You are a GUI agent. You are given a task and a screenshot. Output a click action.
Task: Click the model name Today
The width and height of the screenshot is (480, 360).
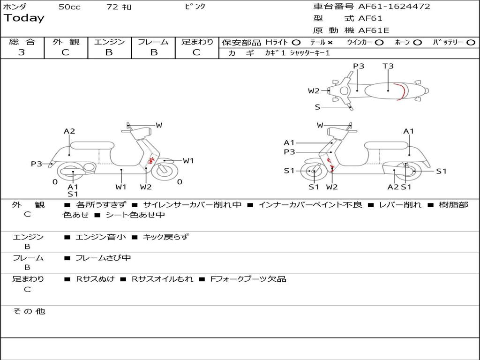[x=24, y=18]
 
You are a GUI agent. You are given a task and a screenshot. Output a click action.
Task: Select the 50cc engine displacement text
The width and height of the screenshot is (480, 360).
[x=69, y=7]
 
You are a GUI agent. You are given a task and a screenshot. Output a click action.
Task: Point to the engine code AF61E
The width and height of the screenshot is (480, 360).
[x=373, y=30]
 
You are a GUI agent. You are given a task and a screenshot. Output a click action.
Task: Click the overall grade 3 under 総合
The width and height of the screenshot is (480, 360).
[x=22, y=52]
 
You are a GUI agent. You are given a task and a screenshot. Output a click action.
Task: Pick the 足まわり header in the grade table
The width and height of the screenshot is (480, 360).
[x=197, y=42]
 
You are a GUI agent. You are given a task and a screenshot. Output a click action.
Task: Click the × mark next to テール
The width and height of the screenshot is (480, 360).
[x=330, y=42]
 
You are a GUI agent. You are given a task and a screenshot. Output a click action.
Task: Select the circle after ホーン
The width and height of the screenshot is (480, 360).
[x=418, y=42]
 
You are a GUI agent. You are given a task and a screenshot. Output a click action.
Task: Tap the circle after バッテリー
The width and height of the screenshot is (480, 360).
[x=471, y=42]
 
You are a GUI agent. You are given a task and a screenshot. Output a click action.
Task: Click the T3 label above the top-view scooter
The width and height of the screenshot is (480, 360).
[x=388, y=66]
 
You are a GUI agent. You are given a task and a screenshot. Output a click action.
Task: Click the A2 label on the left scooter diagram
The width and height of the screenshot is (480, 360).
[x=69, y=131]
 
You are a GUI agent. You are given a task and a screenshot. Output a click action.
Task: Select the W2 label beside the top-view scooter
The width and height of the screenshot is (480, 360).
[x=314, y=91]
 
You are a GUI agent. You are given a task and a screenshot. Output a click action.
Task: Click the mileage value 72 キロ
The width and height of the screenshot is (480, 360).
[x=119, y=7]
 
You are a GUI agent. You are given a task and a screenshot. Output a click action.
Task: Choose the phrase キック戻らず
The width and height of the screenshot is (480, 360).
[x=165, y=237]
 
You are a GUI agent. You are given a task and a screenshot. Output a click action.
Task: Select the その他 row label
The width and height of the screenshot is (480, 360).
[x=29, y=311]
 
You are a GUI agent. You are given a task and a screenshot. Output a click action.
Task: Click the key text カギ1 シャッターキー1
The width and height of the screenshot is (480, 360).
[x=297, y=53]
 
